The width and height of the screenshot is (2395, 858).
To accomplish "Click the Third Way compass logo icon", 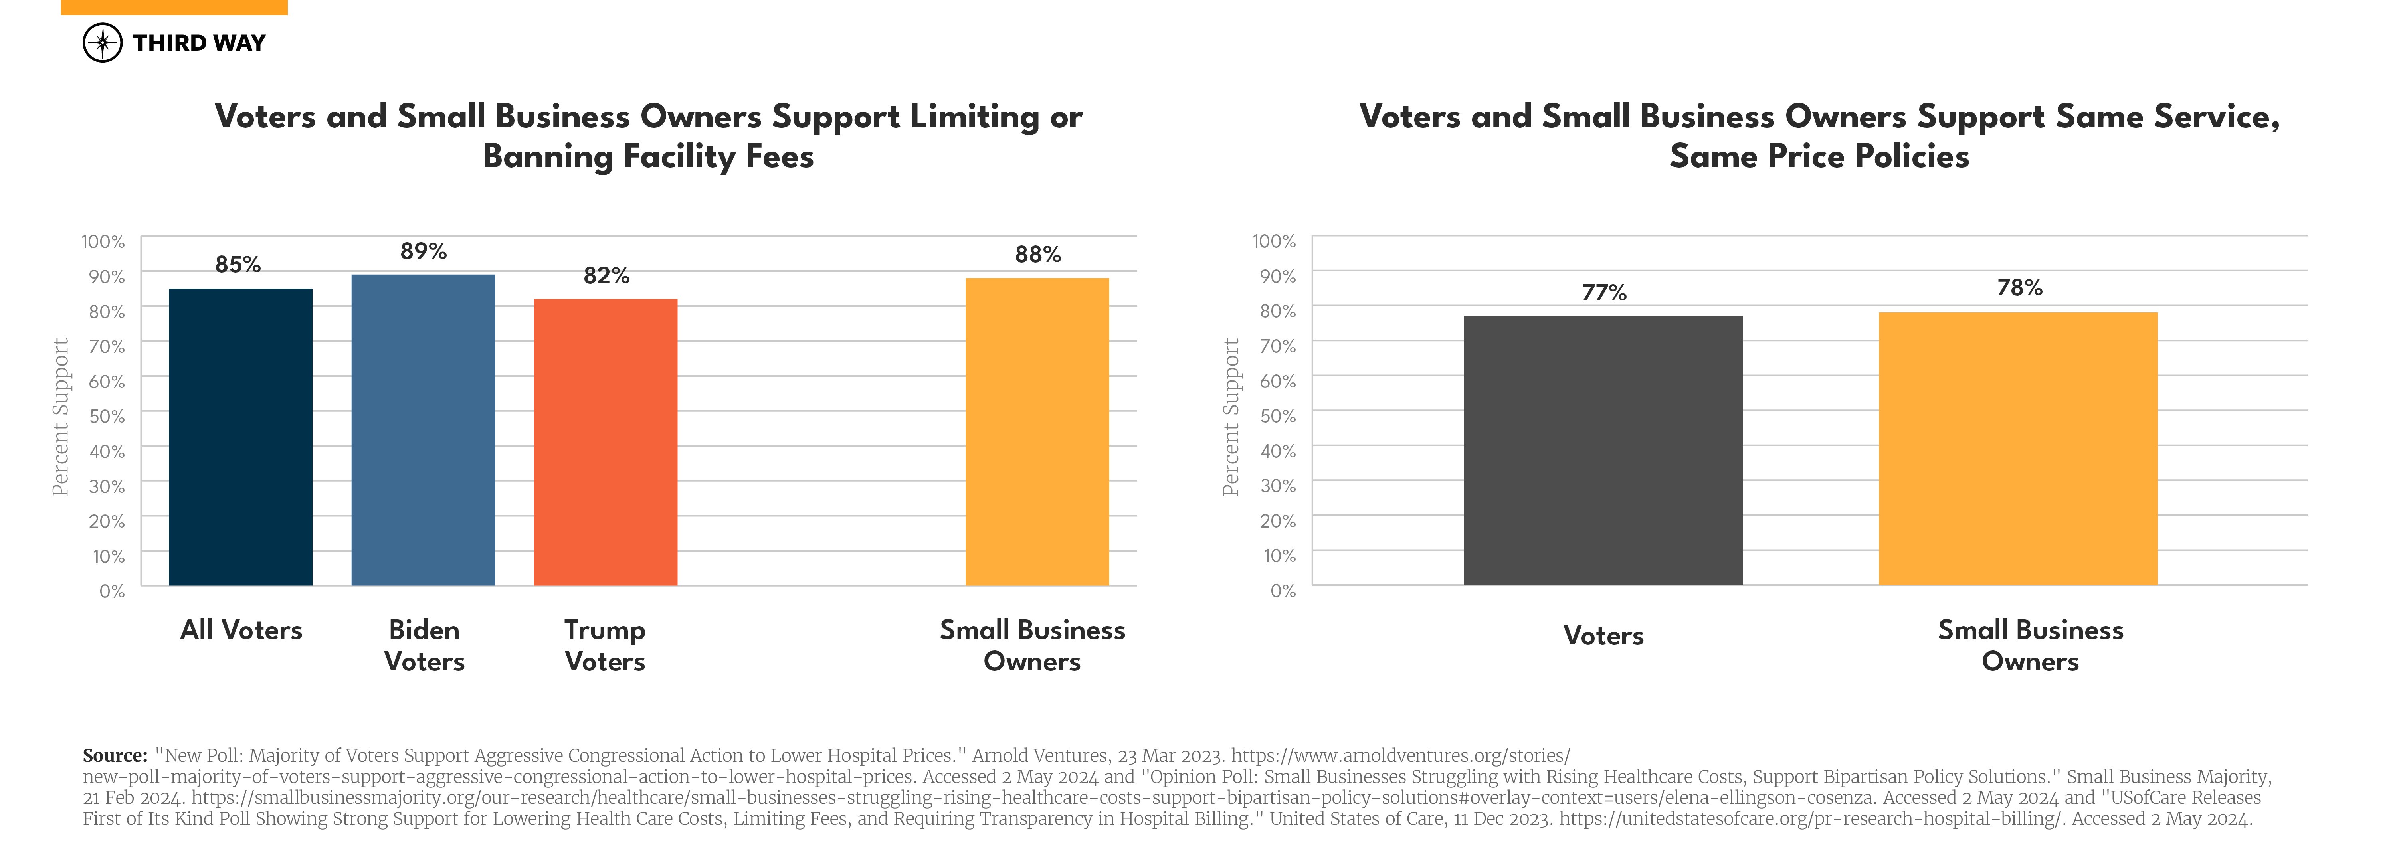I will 102,43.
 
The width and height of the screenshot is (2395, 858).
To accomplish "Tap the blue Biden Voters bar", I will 423,429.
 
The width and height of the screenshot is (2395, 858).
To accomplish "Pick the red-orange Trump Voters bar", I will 605,443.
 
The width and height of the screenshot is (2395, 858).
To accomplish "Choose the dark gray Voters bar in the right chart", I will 1602,451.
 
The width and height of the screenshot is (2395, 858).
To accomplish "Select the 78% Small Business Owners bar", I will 2017,449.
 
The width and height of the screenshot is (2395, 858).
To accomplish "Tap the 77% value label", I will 1604,293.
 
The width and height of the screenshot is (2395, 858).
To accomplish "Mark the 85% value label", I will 238,265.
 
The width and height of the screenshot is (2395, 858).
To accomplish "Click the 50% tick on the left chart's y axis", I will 107,417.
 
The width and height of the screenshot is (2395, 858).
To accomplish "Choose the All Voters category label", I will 241,630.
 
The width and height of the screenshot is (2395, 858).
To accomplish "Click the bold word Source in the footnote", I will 114,756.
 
